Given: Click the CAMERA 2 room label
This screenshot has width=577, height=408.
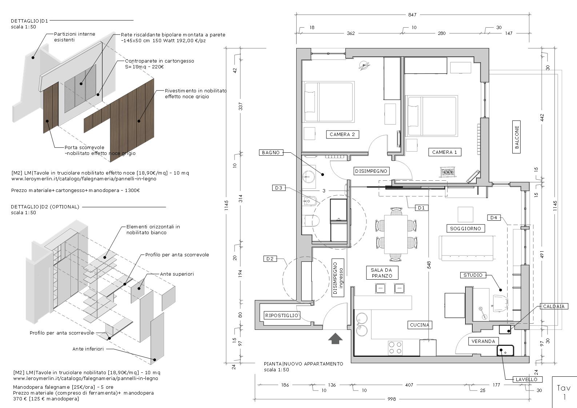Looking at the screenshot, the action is (342, 135).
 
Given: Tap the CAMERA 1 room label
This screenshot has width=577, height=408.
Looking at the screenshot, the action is (444, 152).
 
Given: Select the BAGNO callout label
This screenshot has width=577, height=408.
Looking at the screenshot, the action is (271, 153).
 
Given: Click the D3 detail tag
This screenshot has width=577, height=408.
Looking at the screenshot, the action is (279, 188).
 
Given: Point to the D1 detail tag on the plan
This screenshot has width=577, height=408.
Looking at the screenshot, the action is (421, 208).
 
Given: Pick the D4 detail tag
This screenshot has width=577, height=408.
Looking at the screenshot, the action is (493, 218).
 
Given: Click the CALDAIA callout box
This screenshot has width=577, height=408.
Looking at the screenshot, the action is (554, 307).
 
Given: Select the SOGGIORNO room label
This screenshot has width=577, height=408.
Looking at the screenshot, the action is (465, 228).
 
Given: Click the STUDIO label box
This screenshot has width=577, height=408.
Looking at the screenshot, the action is (473, 275).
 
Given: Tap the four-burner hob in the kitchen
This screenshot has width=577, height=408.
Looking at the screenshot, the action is (396, 347).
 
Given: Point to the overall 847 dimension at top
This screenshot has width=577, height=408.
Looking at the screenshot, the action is (412, 15).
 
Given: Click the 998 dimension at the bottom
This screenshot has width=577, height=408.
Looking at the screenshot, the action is (392, 399).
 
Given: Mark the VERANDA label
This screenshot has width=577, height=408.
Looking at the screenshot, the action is (483, 341).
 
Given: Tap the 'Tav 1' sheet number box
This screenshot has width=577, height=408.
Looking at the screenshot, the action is (564, 392).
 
